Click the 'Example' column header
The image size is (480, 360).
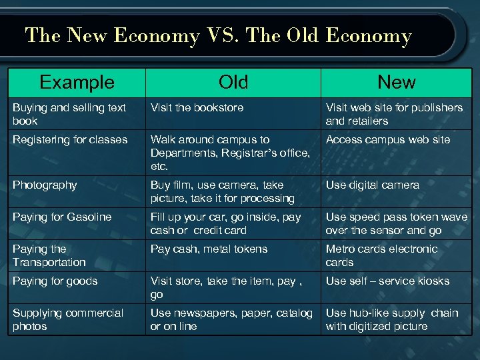(x=77, y=82)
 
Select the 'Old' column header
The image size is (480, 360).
(x=233, y=82)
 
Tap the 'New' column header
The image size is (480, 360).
(x=396, y=82)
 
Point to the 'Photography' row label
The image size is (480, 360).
(x=45, y=185)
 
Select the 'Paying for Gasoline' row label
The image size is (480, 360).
(x=62, y=217)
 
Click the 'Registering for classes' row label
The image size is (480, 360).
(x=69, y=139)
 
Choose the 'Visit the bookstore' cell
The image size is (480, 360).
(x=197, y=107)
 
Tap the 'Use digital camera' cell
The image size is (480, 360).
(x=372, y=185)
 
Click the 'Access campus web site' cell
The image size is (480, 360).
(x=387, y=139)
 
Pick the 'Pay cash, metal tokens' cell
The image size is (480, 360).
(x=209, y=249)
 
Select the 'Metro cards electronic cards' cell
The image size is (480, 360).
(x=381, y=255)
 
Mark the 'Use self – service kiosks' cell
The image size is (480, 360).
(x=387, y=281)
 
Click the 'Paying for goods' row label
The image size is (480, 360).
(x=55, y=281)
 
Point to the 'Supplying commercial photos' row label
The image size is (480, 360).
(x=67, y=319)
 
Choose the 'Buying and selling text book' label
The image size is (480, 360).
(x=69, y=114)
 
